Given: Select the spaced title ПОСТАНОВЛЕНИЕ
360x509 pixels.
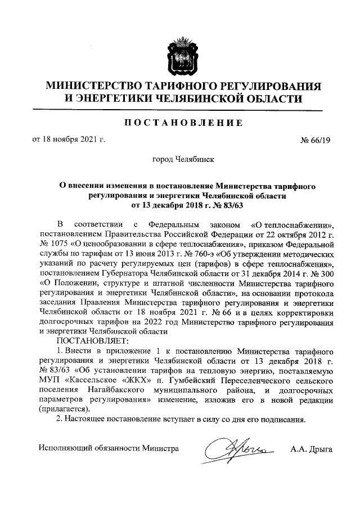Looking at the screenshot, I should pyautogui.click(x=180, y=122).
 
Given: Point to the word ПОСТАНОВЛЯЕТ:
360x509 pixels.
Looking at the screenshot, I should pyautogui.click(x=92, y=341).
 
